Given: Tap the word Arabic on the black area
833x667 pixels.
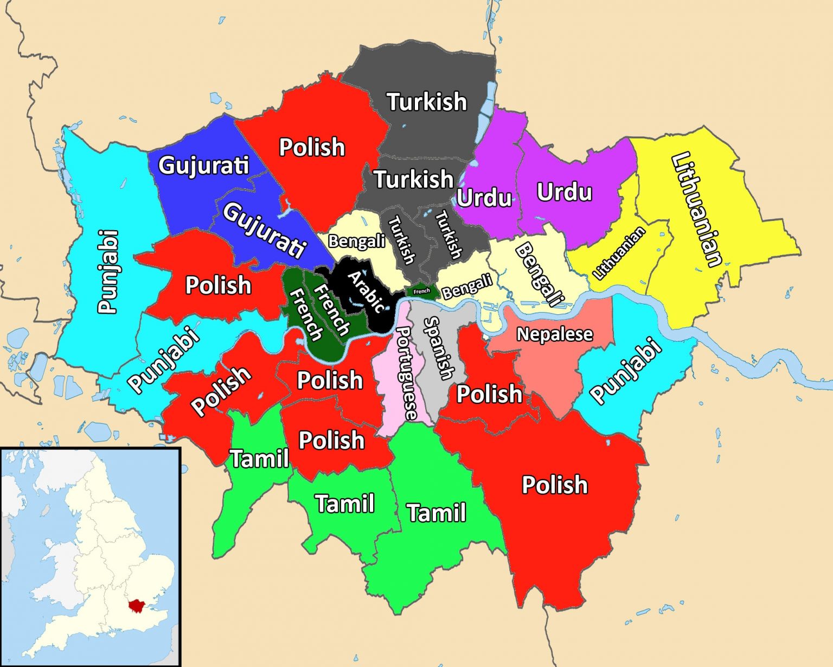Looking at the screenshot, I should coord(367,292).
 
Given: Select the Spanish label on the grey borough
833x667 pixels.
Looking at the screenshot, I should coord(438,348).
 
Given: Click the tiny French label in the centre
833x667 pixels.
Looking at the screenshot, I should coord(421,291).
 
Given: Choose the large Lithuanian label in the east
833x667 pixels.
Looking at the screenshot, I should coord(697,209).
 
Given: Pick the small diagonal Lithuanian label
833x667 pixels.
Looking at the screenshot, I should coord(619,252).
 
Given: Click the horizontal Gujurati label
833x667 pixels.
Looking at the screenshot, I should coord(203,165).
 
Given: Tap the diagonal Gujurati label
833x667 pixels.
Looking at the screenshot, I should coord(264,231).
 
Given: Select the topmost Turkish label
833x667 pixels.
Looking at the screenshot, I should coord(426,101).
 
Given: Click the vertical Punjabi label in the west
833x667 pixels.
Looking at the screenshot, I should coord(107,271).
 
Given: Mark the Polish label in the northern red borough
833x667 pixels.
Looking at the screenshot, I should coord(312,147).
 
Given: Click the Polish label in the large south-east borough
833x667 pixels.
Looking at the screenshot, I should coord(554,485).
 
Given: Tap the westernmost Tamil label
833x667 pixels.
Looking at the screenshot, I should coord(260,459).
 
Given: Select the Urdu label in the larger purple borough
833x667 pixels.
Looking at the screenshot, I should coord(564,192).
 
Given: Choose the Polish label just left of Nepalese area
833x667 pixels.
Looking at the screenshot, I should coord(489,394).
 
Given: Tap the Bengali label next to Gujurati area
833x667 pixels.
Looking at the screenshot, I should coord(356,241).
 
